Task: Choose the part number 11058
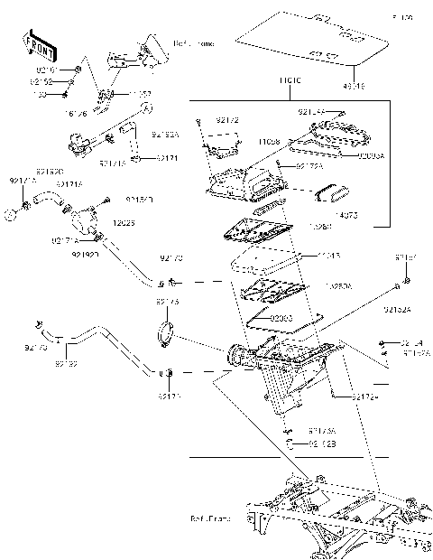click(x=269, y=143)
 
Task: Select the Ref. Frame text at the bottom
click(x=210, y=519)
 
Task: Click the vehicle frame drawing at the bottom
click(x=343, y=515)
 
